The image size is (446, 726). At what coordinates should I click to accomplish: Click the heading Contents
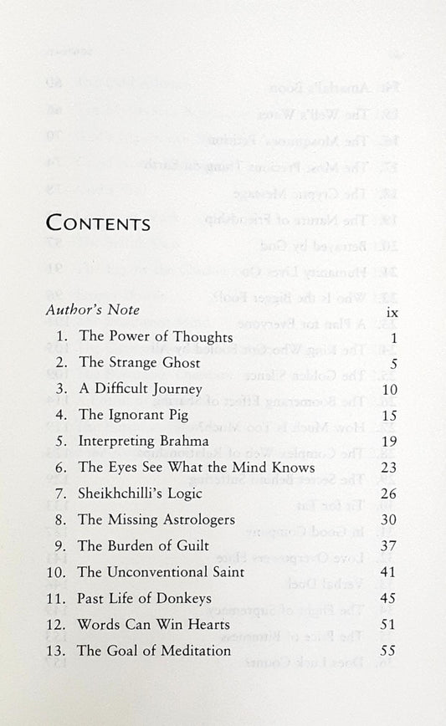tap(98, 223)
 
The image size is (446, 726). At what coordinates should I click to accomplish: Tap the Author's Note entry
tap(93, 310)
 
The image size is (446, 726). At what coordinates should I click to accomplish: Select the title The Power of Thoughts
tap(155, 337)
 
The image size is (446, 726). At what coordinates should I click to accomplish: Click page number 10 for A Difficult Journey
tap(387, 389)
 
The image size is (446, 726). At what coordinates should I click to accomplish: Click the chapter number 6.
tap(62, 468)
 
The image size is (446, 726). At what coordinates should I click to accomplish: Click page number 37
tap(387, 545)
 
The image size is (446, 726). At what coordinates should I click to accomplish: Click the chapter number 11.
tap(58, 598)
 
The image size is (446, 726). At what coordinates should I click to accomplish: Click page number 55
tap(387, 650)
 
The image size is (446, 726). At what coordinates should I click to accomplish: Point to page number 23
tap(387, 468)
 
